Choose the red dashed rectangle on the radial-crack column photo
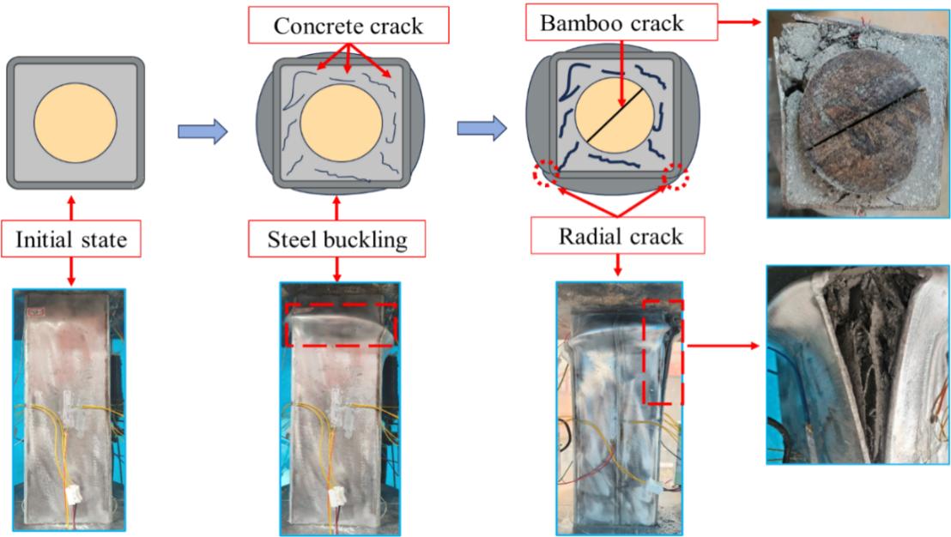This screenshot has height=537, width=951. [663, 352]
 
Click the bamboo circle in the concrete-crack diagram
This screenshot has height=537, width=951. [342, 120]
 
